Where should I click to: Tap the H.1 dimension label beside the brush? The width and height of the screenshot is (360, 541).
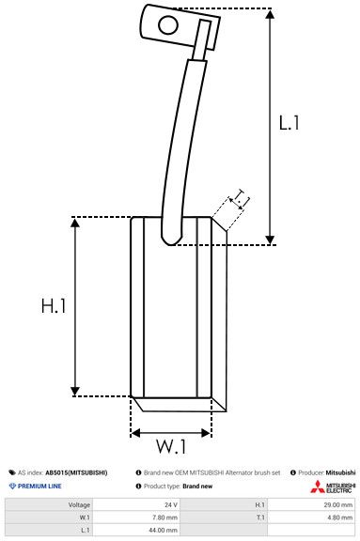(x=54, y=306)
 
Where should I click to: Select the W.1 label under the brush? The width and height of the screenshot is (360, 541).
(x=171, y=445)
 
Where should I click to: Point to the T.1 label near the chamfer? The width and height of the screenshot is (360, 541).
(x=241, y=197)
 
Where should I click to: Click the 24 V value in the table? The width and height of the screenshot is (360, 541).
(x=170, y=504)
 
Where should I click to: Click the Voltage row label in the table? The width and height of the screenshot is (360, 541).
(x=79, y=504)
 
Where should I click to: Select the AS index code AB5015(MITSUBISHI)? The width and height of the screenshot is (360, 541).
(x=76, y=471)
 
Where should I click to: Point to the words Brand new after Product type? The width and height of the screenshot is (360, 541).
(x=197, y=486)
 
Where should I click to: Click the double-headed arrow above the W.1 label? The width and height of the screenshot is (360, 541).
(x=171, y=433)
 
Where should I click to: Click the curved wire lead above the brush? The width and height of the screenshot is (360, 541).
(x=182, y=141)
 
